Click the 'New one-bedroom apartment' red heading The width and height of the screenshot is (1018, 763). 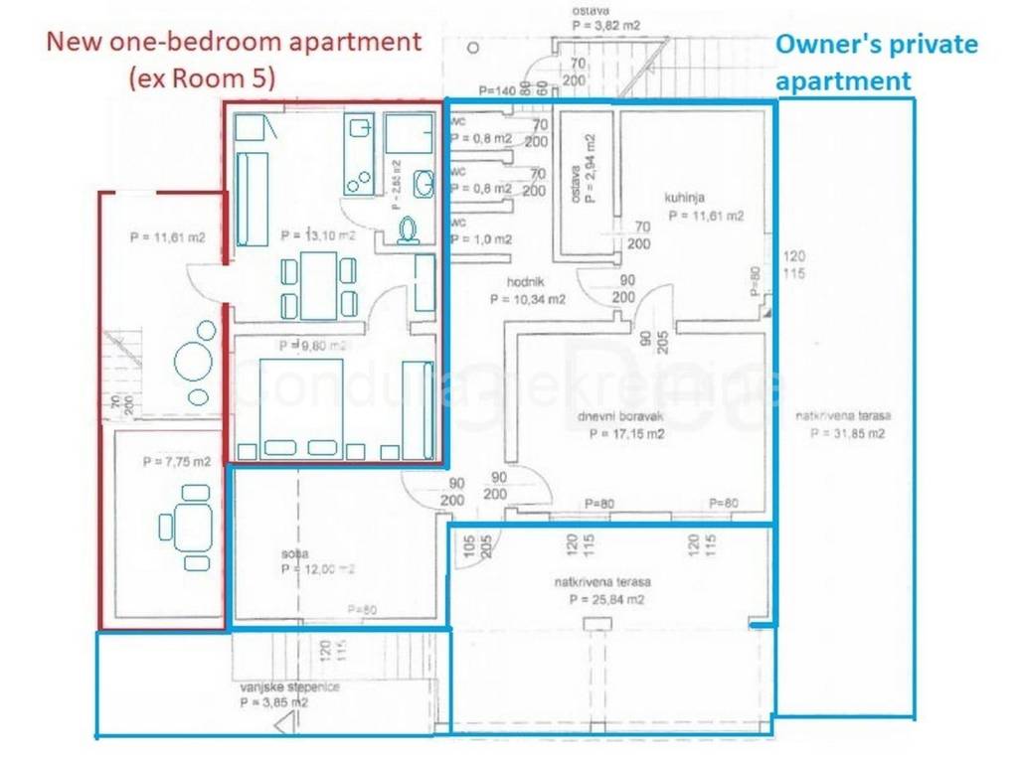coord(235,43)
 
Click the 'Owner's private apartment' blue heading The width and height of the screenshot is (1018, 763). coord(875,62)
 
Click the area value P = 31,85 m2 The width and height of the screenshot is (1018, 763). coord(847,433)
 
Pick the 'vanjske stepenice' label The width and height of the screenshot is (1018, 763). coord(275,687)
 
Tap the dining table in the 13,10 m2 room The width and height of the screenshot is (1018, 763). coord(318,285)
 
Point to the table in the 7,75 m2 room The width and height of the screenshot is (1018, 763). coord(186,524)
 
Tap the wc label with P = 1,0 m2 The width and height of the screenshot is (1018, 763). coord(482,239)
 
